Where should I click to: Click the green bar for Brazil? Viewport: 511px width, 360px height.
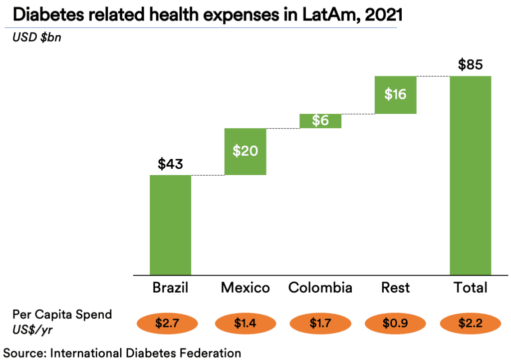click(170, 225)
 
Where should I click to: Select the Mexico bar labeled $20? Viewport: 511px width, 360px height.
click(245, 151)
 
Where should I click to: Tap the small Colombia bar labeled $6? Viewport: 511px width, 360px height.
click(320, 121)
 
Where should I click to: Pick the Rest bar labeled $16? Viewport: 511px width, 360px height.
click(395, 95)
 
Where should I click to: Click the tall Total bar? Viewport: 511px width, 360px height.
click(470, 175)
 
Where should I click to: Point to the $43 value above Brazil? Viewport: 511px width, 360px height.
click(170, 164)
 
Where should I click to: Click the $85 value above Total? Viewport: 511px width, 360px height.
click(470, 65)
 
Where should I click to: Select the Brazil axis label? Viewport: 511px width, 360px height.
click(170, 288)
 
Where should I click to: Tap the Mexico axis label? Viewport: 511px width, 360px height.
click(245, 288)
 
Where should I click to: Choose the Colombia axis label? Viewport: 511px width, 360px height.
click(320, 288)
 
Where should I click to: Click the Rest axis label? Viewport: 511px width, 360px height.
click(395, 288)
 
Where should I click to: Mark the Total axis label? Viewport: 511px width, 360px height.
click(470, 288)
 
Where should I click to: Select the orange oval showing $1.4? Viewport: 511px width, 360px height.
click(245, 323)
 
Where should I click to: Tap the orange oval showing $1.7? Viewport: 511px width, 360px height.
click(320, 323)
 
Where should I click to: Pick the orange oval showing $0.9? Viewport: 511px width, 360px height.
click(395, 323)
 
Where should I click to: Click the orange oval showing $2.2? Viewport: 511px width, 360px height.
click(470, 323)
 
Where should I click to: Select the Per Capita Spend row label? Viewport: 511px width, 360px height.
click(62, 315)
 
